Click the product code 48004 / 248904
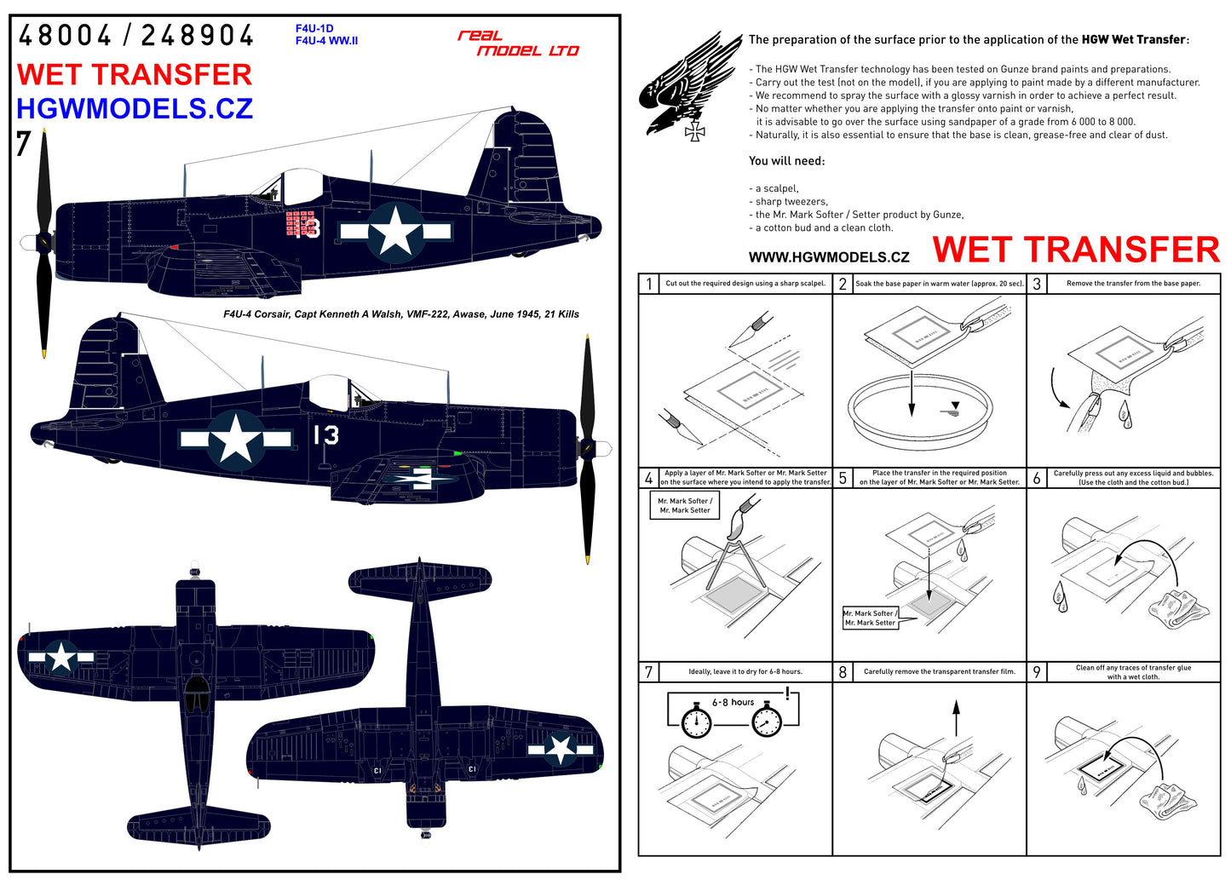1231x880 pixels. click(135, 36)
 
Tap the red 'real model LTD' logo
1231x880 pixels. click(518, 43)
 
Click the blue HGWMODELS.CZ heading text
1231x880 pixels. click(135, 108)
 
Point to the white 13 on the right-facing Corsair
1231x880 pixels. click(325, 435)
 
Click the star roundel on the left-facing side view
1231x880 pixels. click(395, 231)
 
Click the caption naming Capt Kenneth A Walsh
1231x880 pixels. click(400, 314)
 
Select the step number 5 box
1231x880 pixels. click(843, 478)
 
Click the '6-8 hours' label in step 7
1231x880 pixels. click(733, 703)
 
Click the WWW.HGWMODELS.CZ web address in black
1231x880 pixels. click(828, 257)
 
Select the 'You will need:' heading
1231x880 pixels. click(786, 161)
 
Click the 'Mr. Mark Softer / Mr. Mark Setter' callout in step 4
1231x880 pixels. click(684, 505)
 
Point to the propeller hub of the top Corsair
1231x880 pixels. click(42, 243)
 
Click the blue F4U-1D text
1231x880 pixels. click(314, 29)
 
